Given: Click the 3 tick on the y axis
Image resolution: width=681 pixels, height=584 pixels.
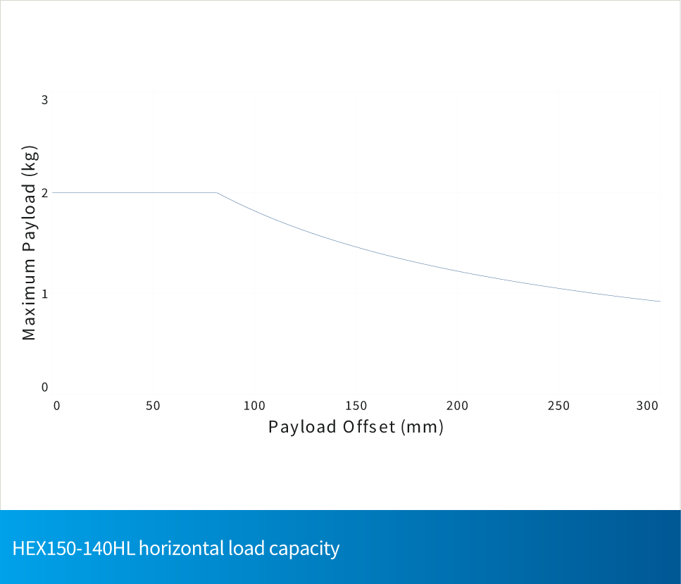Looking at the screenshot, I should click(44, 100).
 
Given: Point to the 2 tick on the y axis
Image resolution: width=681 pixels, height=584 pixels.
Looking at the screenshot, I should click(44, 193).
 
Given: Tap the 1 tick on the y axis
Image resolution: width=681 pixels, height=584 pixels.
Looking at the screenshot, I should click(44, 293).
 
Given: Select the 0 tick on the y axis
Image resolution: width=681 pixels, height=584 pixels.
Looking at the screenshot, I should click(44, 387).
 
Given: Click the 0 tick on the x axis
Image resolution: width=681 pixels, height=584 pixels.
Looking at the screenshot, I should click(57, 406).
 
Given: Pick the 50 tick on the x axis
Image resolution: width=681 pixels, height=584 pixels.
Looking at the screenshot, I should click(154, 406).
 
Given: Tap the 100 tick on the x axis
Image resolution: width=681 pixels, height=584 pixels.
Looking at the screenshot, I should click(254, 406).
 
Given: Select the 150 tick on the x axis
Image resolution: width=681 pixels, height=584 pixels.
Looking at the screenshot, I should click(356, 406).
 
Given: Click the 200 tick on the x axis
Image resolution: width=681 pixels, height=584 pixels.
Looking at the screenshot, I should click(458, 406).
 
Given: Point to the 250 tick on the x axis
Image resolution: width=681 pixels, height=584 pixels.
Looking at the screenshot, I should click(559, 406).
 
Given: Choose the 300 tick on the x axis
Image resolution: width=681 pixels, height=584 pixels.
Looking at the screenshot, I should click(647, 406).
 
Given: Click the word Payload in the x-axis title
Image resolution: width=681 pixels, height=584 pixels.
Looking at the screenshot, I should click(302, 427).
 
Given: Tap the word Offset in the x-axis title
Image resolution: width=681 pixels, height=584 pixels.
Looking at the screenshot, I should click(369, 427).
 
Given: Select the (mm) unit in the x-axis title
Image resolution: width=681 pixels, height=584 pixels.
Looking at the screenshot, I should click(422, 427).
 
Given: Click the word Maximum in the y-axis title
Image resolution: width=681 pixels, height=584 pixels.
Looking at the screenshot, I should click(29, 300).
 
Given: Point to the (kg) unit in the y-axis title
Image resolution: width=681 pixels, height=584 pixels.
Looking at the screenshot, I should click(29, 160).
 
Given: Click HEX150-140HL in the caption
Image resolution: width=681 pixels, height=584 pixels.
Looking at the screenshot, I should click(73, 548).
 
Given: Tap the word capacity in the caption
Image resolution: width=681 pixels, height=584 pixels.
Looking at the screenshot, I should click(306, 548).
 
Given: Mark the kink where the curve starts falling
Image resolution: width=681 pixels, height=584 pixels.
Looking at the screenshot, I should click(217, 192).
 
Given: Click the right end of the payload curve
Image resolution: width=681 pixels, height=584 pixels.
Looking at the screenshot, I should click(660, 302).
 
